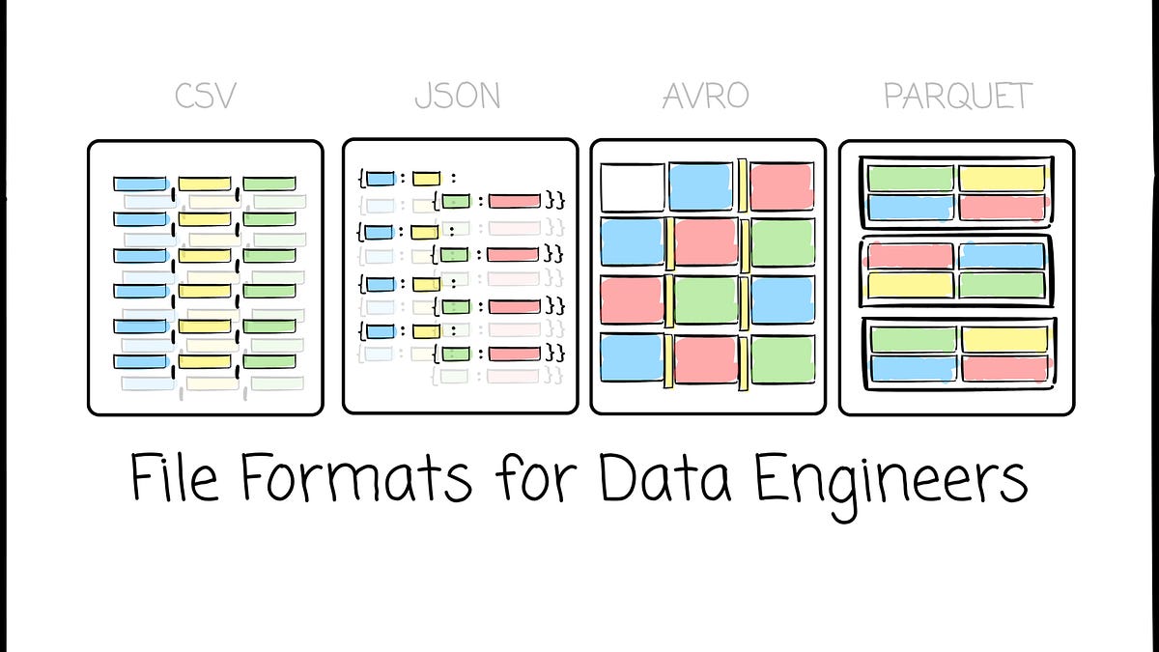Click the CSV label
[206, 96]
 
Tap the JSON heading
[458, 96]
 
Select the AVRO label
[706, 96]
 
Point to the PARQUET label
[958, 96]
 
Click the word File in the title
[174, 476]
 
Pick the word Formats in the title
[356, 476]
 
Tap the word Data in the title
[665, 476]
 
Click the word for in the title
[535, 476]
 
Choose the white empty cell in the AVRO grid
[633, 187]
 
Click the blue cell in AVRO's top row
[701, 186]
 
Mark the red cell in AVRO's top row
[781, 186]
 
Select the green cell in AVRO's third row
[706, 300]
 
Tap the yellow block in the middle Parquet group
[910, 285]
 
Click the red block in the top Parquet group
[1002, 207]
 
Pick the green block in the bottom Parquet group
[914, 339]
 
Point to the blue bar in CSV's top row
[140, 184]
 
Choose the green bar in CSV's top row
[269, 184]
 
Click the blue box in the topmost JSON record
[381, 179]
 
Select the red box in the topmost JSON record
[514, 201]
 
